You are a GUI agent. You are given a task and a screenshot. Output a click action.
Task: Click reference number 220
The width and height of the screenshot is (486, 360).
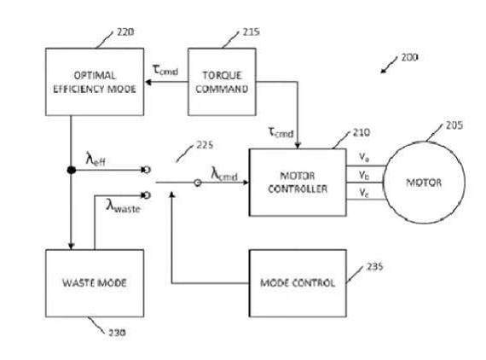[x=125, y=32]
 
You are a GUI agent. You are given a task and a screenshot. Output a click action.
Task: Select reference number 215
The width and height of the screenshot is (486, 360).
[x=251, y=32]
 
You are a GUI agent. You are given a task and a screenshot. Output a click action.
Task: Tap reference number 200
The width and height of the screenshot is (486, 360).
[x=409, y=58]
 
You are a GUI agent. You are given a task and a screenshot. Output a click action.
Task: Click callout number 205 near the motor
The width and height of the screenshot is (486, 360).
[x=454, y=125]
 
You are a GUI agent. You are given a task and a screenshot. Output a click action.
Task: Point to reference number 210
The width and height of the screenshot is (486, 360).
[x=362, y=133]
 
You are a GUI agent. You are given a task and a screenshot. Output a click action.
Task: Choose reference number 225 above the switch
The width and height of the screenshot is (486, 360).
[x=205, y=145]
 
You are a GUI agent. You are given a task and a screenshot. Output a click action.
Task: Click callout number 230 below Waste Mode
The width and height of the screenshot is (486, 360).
[x=117, y=333]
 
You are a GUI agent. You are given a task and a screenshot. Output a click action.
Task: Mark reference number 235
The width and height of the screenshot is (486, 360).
[x=374, y=267]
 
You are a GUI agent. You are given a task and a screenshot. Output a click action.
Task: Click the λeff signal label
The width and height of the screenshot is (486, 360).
[x=95, y=159]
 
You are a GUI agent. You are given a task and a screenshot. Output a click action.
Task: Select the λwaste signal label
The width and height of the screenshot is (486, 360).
[x=123, y=206]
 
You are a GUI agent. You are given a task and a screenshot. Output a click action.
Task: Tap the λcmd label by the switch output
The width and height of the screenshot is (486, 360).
[x=224, y=174]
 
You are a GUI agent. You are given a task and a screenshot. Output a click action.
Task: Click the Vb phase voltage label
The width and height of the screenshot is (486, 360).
[x=364, y=176]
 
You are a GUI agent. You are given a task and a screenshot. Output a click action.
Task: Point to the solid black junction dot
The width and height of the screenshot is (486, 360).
[x=72, y=170]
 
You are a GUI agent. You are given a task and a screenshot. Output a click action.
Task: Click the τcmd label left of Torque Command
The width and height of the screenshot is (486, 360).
[x=165, y=70]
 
